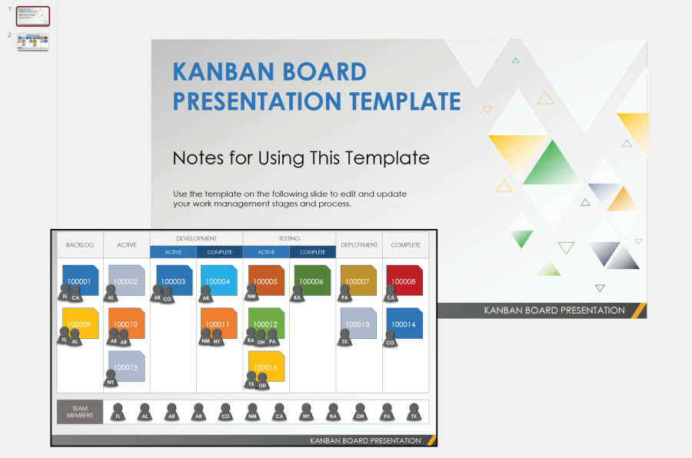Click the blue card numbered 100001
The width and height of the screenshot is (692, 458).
pos(80,280)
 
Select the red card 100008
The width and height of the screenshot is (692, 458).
pos(405,280)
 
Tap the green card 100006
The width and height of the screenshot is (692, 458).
pos(312,280)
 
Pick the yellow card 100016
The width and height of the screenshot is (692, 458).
pos(266,367)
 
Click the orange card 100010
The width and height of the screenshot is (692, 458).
pos(127,323)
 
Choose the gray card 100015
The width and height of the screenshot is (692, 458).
pos(127,366)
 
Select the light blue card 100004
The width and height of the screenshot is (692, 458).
pos(219,280)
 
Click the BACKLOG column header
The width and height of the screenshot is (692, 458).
pos(80,245)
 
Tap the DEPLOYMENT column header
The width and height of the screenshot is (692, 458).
pos(359,245)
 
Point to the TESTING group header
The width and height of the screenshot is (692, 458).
pos(289,239)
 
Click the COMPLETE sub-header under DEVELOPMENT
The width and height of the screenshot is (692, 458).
pos(219,252)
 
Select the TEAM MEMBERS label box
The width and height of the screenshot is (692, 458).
pos(80,412)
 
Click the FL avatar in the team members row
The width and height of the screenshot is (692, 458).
pos(118,413)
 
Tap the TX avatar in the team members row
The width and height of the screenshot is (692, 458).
pos(414,413)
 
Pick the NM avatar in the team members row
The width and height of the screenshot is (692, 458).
pos(252,413)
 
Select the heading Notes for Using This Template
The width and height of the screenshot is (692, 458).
pos(301,158)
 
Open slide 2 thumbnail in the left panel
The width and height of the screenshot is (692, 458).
pos(33,41)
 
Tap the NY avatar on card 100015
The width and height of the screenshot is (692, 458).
pos(111,378)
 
